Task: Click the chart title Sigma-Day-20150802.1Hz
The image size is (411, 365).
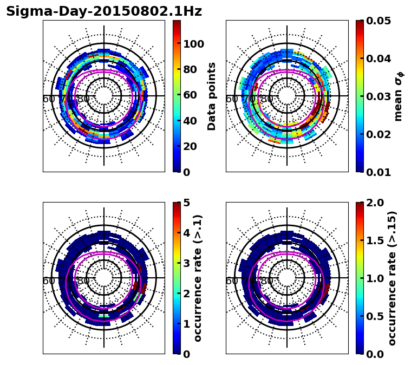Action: click(103, 12)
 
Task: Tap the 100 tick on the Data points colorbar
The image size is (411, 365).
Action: click(193, 44)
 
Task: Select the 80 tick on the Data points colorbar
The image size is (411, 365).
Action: click(190, 69)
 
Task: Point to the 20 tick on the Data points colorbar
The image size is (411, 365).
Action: click(190, 146)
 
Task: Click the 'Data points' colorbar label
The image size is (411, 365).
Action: click(212, 96)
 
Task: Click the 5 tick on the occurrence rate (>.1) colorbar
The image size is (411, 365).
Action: click(187, 203)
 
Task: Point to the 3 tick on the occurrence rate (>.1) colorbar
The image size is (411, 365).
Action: click(187, 263)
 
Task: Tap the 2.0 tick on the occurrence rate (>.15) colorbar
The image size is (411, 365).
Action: click(373, 203)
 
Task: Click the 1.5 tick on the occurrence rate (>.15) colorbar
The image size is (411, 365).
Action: click(373, 240)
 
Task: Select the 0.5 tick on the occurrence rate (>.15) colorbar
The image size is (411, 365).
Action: click(373, 316)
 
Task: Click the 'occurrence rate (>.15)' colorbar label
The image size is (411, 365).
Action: click(392, 278)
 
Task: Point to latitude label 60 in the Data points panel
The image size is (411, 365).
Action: click(48, 99)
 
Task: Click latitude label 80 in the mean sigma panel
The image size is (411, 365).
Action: click(267, 99)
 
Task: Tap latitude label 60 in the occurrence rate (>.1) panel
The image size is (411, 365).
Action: click(48, 281)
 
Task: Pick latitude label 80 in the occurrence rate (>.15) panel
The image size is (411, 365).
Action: click(267, 281)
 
